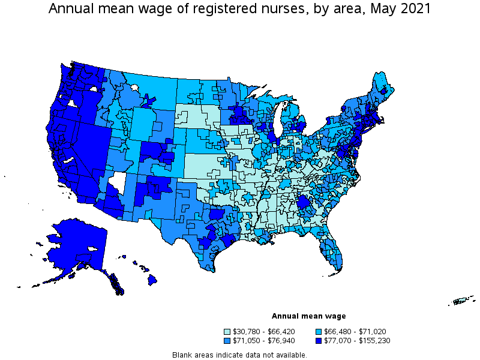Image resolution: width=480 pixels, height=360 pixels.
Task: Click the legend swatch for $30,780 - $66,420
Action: tap(227, 331)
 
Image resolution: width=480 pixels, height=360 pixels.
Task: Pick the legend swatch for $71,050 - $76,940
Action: tap(227, 341)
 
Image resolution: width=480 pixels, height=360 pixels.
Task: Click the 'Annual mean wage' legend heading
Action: tap(308, 316)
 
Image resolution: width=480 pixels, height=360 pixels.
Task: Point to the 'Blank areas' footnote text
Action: tap(239, 355)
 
